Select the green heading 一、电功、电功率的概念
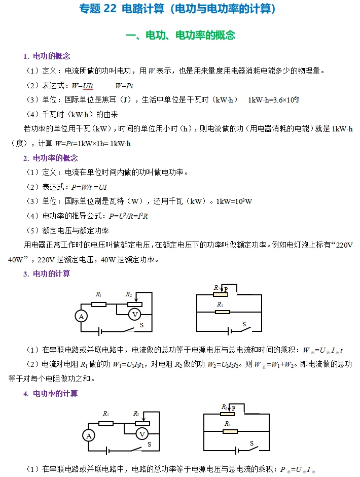pos(180,35)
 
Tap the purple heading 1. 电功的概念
pos(47,56)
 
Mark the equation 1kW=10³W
pos(234,201)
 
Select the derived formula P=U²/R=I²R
pos(128,216)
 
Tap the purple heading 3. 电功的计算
pos(47,274)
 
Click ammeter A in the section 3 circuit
pos(81,316)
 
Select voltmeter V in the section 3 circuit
pos(134,315)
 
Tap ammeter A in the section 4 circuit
pos(89,435)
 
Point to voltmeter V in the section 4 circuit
pos(142,434)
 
